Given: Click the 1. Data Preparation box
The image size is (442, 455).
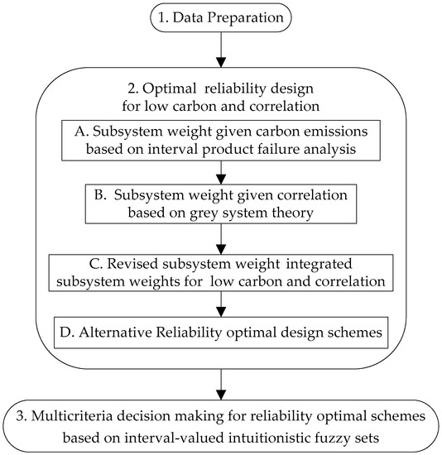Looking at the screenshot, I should click(221, 17).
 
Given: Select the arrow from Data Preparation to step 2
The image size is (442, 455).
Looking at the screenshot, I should click(221, 49).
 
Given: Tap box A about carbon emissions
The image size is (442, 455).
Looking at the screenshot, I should click(220, 140).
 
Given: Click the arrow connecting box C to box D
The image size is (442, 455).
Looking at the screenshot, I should click(221, 302).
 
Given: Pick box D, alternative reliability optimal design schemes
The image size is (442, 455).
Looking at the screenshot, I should click(220, 331).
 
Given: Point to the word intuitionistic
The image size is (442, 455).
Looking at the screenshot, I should click(262, 433).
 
